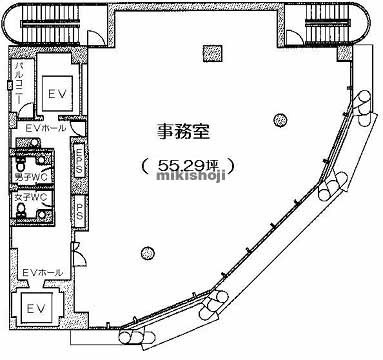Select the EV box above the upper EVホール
56,91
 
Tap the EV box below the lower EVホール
36,305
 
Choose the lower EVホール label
42,272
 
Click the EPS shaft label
78,162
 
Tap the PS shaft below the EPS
78,212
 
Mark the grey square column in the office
208,52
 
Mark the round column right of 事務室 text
277,120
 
